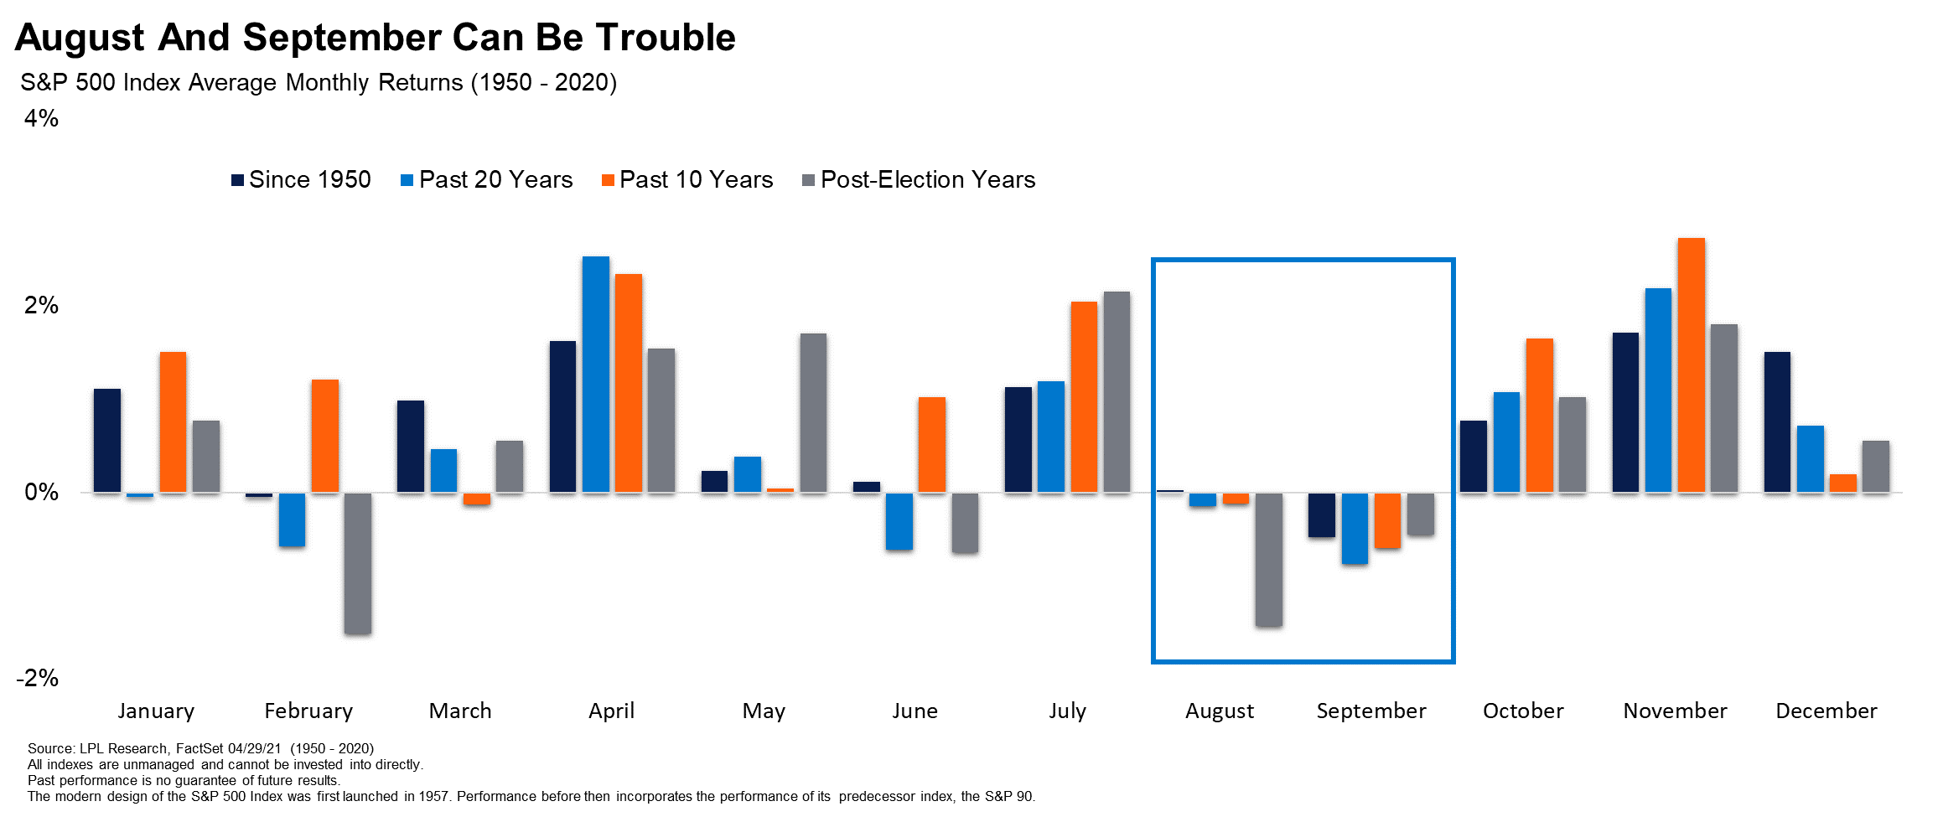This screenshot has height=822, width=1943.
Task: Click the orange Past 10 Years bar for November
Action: click(1691, 365)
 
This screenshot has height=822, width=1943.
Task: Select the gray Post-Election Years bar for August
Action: click(1268, 559)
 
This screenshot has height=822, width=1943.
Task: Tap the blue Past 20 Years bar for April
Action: click(596, 375)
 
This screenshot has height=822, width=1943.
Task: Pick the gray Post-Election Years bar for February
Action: click(358, 563)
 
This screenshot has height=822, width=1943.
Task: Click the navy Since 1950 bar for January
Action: click(107, 440)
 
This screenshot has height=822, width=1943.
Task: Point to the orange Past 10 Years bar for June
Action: click(931, 445)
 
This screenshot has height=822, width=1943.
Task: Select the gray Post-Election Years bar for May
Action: click(813, 413)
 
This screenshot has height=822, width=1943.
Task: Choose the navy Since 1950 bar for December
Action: click(1777, 422)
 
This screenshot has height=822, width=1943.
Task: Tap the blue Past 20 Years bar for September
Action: click(1355, 528)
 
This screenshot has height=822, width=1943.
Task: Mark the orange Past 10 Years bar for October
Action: click(1539, 416)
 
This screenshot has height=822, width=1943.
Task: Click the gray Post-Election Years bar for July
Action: click(1117, 392)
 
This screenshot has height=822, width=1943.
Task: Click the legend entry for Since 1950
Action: click(301, 180)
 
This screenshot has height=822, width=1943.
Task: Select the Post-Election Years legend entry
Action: click(919, 180)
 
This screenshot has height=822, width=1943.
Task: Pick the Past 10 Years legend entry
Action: click(687, 180)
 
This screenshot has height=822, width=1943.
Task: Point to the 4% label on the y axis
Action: click(41, 119)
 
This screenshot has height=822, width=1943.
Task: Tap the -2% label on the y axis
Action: click(38, 678)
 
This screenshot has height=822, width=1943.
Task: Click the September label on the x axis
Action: click(1370, 711)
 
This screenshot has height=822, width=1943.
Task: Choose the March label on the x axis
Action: click(460, 711)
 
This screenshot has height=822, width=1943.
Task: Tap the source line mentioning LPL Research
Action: click(200, 748)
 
